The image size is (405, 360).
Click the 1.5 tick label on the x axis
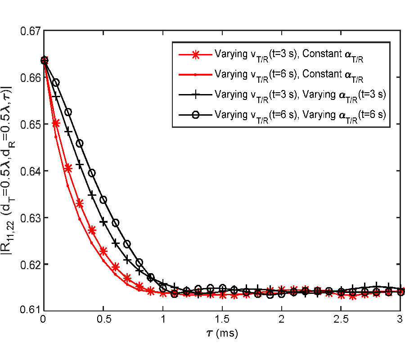(222, 320)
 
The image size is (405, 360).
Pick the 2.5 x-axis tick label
(341, 320)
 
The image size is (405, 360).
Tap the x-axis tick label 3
(400, 320)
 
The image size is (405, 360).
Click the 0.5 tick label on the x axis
(103, 320)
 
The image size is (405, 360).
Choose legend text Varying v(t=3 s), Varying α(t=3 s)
(301, 94)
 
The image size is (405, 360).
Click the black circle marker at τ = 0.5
(103, 200)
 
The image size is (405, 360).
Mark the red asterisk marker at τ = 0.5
(103, 251)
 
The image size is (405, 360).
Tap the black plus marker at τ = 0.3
(79, 165)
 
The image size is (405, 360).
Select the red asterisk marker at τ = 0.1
(55, 123)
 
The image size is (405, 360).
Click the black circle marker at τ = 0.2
(67, 112)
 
